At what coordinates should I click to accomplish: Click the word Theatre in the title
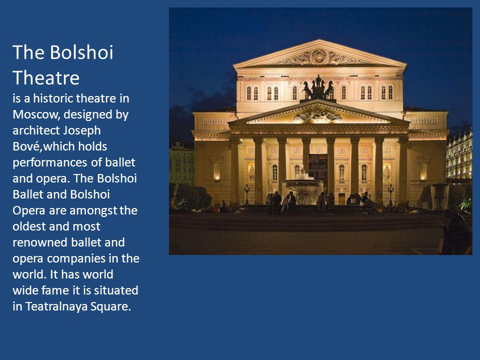(x=46, y=78)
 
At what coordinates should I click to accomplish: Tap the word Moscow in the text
(x=36, y=115)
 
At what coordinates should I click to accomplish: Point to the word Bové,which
(x=59, y=146)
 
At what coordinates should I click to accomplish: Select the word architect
(x=36, y=130)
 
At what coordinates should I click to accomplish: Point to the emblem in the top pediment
(x=319, y=57)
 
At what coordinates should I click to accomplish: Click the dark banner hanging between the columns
(x=318, y=169)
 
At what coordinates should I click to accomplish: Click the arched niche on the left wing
(x=216, y=172)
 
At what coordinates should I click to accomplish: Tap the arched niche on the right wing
(x=423, y=172)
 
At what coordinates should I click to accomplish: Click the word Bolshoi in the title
(x=81, y=52)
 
